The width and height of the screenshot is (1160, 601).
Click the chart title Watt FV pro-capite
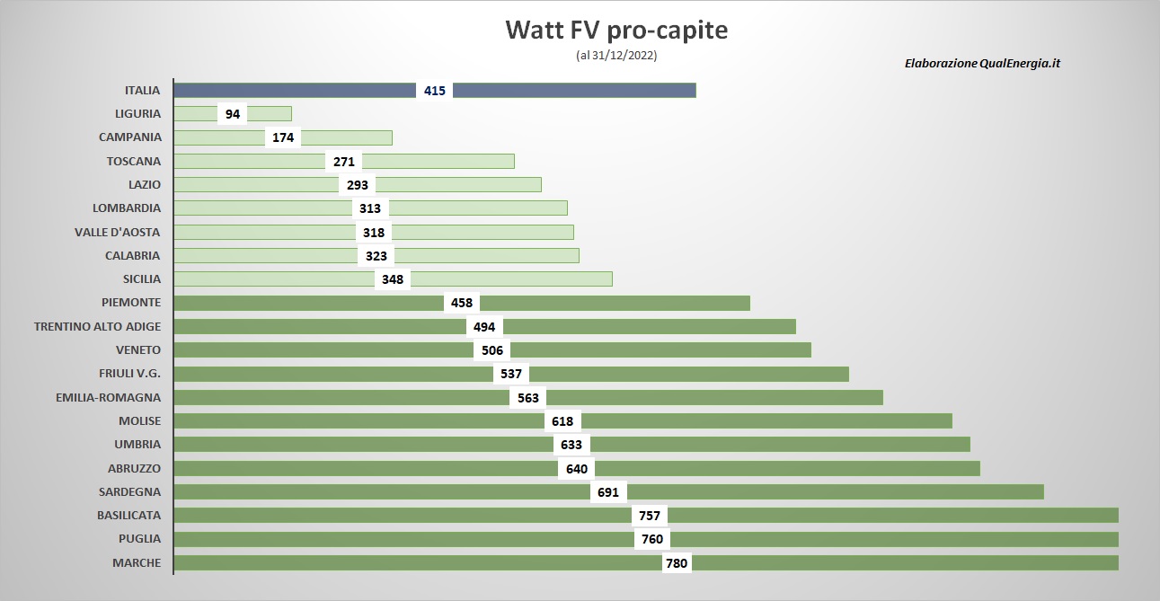(x=616, y=30)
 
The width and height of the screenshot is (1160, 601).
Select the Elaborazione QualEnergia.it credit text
(x=982, y=63)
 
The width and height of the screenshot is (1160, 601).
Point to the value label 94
(x=233, y=114)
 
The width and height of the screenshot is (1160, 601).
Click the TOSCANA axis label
(x=133, y=162)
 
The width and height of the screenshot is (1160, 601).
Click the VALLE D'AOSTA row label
(x=118, y=233)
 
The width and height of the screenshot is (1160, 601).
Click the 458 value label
(x=462, y=303)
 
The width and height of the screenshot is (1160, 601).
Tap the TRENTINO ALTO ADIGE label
(x=98, y=327)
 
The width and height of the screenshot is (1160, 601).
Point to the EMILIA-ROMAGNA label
(x=109, y=397)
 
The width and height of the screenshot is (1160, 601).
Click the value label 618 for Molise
(x=562, y=420)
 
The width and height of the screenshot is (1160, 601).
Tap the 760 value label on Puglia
(x=652, y=539)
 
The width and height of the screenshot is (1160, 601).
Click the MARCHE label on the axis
(x=137, y=562)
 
